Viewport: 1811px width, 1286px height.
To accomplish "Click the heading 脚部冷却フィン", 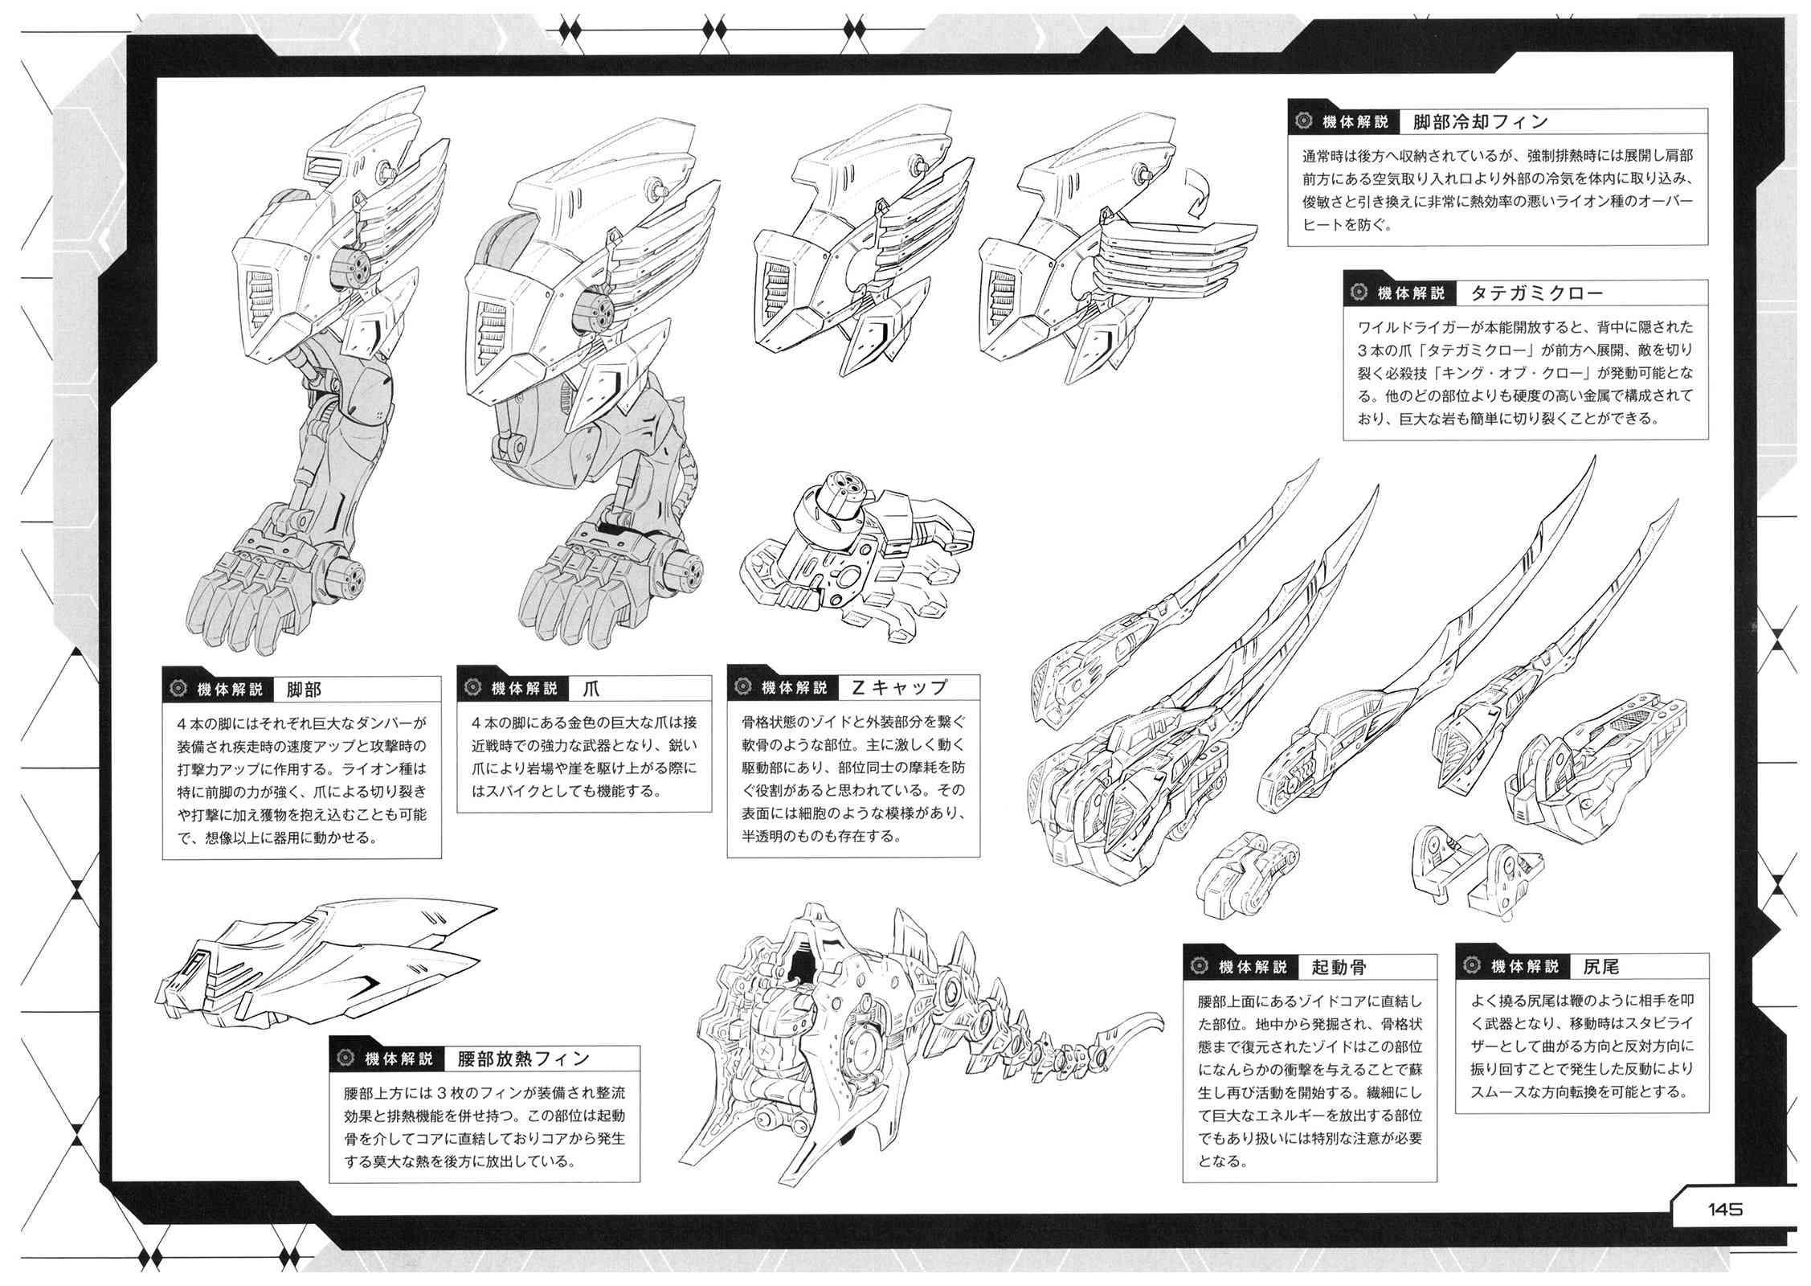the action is [x=1479, y=122].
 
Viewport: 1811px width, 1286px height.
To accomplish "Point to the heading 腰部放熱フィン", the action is [x=523, y=1059].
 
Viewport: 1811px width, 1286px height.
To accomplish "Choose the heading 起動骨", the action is [x=1338, y=967].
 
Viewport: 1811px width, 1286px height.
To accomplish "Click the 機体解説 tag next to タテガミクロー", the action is [x=1410, y=293].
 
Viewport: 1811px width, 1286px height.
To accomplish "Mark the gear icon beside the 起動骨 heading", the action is [x=1200, y=967].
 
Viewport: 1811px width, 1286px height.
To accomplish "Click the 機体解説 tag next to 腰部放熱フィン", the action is [x=399, y=1059].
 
